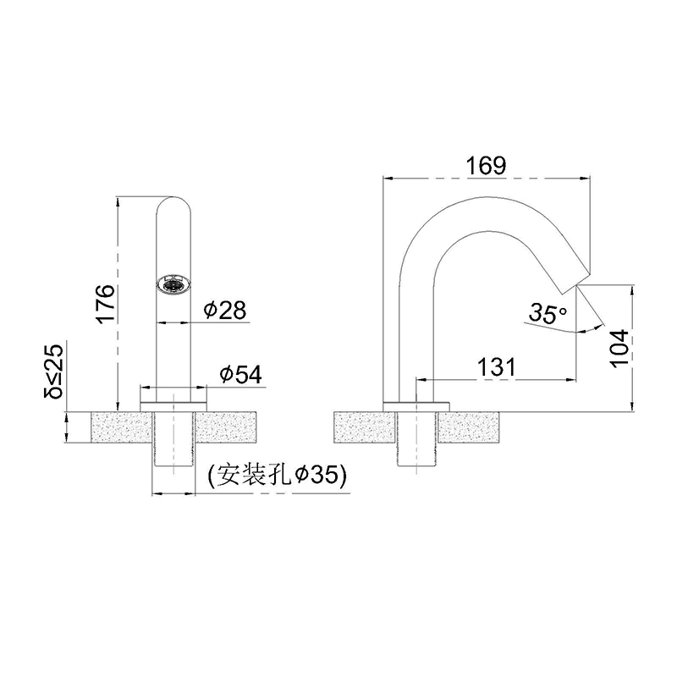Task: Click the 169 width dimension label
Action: pyautogui.click(x=486, y=165)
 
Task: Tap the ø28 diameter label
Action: pyautogui.click(x=225, y=310)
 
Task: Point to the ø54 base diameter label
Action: pyautogui.click(x=240, y=374)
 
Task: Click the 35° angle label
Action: pyautogui.click(x=548, y=313)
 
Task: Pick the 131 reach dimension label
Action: pyautogui.click(x=497, y=367)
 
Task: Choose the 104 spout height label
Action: pyautogui.click(x=619, y=348)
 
